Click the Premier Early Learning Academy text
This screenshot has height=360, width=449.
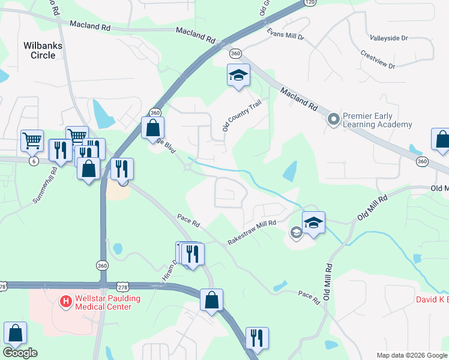pyautogui.click(x=377, y=120)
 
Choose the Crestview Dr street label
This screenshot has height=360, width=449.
pyautogui.click(x=378, y=59)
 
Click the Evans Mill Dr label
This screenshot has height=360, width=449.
pyautogui.click(x=285, y=34)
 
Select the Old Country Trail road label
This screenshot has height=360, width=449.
pyautogui.click(x=242, y=116)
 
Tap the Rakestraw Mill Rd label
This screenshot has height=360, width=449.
pyautogui.click(x=252, y=232)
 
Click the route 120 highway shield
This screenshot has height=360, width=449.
pyautogui.click(x=310, y=2)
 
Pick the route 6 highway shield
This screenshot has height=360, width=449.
pyautogui.click(x=34, y=161)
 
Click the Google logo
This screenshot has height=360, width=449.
pyautogui.click(x=20, y=353)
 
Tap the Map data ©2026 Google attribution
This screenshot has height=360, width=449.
pyautogui.click(x=412, y=355)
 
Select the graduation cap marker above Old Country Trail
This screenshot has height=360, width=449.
pyautogui.click(x=238, y=75)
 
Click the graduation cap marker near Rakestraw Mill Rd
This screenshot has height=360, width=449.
pyautogui.click(x=313, y=223)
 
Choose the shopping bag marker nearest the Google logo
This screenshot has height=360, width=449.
pyautogui.click(x=15, y=333)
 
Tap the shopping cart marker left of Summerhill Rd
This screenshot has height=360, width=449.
pyautogui.click(x=32, y=141)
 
